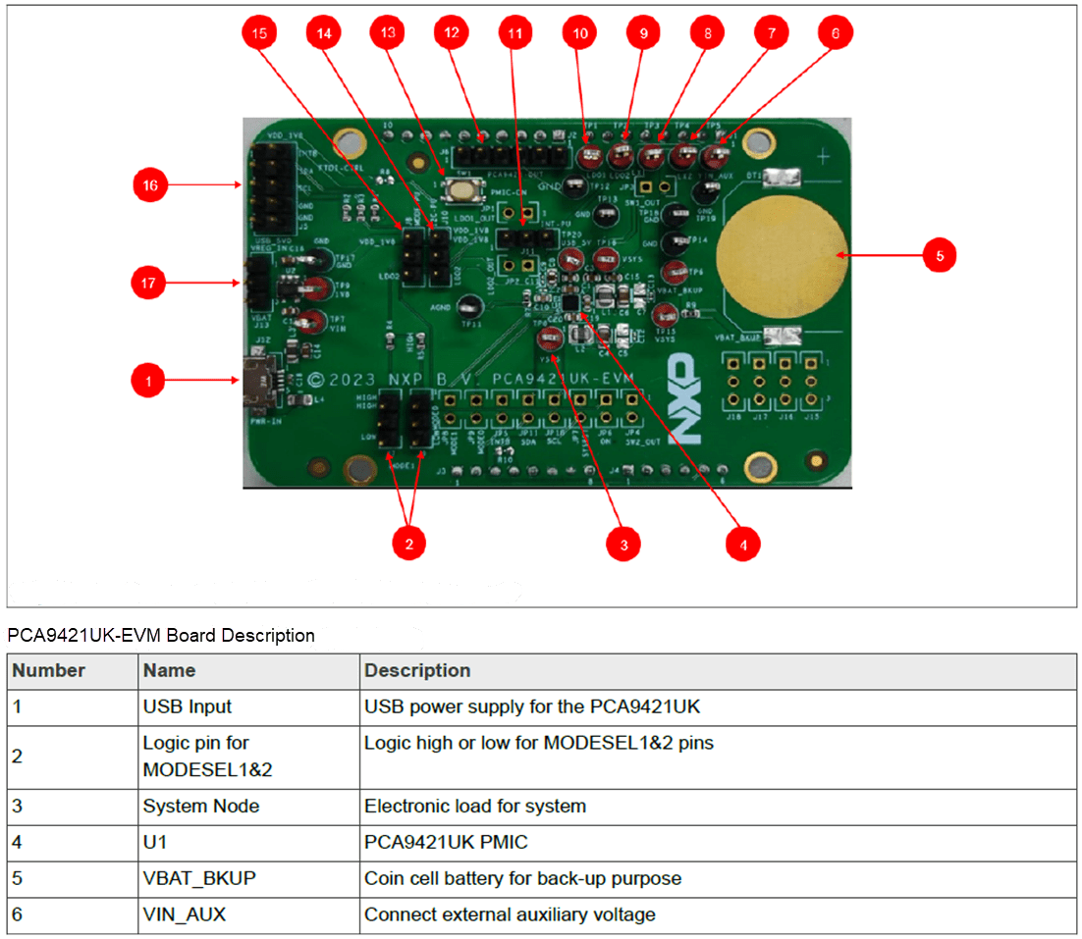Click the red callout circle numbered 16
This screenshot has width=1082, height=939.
click(x=151, y=184)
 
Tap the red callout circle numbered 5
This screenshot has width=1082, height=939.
click(x=939, y=255)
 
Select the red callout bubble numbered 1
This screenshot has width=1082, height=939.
click(x=148, y=380)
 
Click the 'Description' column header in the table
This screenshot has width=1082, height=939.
click(x=417, y=671)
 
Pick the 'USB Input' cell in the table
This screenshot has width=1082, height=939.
click(x=187, y=706)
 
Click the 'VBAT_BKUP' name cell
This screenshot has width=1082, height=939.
click(x=198, y=878)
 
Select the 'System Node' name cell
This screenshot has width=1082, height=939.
click(x=200, y=807)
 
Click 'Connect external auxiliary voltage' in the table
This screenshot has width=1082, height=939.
click(x=509, y=914)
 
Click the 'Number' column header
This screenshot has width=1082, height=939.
click(x=48, y=671)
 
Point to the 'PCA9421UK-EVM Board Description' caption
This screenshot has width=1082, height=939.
click(x=161, y=635)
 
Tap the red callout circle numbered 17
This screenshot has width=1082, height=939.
click(x=151, y=284)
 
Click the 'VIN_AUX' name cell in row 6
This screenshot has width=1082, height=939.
click(x=184, y=914)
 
